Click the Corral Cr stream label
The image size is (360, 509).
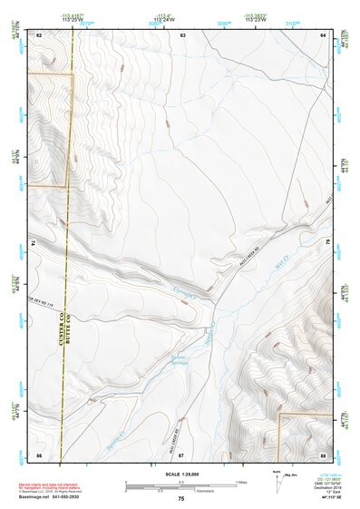(187, 289)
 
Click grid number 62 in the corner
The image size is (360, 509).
(39, 34)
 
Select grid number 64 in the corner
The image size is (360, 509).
(323, 34)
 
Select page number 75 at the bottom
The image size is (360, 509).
(181, 499)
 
